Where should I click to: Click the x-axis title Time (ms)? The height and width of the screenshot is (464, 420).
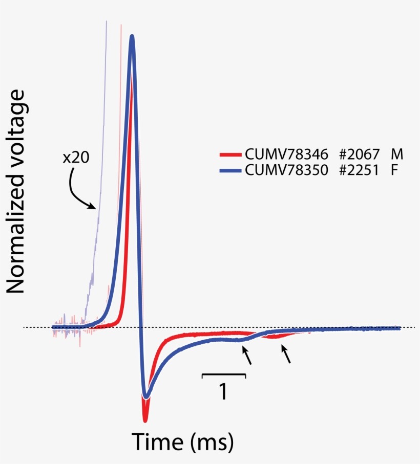[x=183, y=440]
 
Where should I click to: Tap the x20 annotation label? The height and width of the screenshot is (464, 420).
[x=76, y=158]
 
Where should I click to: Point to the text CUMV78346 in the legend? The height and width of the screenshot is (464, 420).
[x=286, y=153]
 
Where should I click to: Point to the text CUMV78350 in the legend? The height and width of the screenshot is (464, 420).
[x=286, y=170]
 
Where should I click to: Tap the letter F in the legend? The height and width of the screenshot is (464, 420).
[x=394, y=170]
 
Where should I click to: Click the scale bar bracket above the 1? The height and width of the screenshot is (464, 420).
[x=224, y=375]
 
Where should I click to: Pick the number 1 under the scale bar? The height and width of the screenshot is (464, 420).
[x=223, y=392]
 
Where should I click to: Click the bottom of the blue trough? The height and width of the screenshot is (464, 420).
[x=146, y=397]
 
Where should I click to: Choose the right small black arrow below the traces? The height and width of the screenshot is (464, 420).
[x=286, y=354]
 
